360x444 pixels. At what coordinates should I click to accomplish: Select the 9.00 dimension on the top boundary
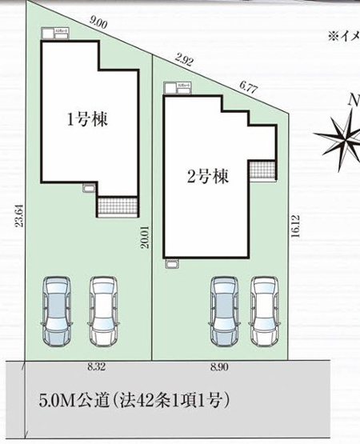coord(99,24)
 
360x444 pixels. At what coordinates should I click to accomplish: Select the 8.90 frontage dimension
coord(218,368)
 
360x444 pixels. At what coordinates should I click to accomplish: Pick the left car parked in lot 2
coord(223,311)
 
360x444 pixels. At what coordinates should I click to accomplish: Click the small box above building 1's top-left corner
coord(62,33)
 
